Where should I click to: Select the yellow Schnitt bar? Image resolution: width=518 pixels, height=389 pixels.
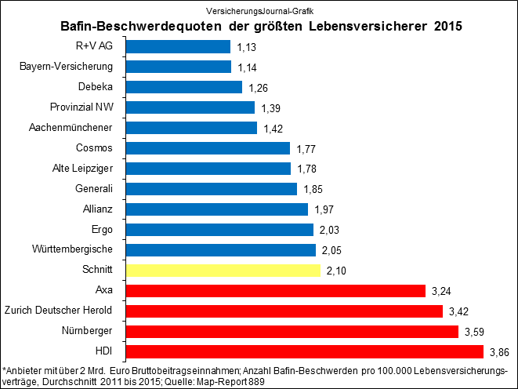point(223,271)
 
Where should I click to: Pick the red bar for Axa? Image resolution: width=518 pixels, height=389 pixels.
point(275,291)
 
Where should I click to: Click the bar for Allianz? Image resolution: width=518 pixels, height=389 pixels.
point(216,209)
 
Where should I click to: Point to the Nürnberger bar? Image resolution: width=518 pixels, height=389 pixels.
point(292,332)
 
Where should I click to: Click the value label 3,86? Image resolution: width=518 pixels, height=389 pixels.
point(500,352)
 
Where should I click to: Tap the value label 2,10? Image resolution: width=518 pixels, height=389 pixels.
point(337,271)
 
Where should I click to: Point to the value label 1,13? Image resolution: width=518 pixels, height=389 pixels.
point(248,47)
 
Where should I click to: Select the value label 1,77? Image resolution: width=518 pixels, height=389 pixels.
point(307,148)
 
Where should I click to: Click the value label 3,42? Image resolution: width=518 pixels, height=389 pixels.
point(461,311)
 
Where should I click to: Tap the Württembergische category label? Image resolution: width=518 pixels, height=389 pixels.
point(77,249)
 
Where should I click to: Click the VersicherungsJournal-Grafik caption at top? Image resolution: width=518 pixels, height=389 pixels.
point(259,9)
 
